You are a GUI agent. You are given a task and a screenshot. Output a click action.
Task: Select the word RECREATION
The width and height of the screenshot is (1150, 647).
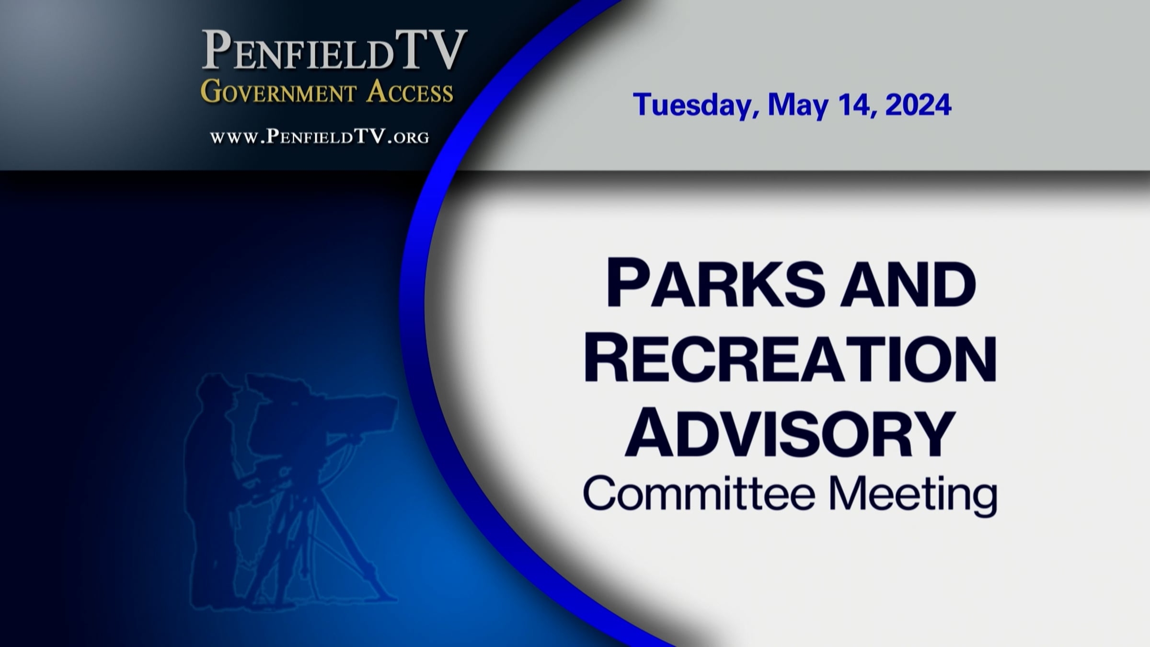[790, 358]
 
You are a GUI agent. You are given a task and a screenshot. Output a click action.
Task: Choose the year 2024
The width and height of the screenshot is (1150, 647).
[918, 104]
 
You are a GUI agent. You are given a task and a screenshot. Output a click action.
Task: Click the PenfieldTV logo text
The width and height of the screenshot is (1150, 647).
[334, 50]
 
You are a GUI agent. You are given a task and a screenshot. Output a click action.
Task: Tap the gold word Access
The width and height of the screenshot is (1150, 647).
[410, 91]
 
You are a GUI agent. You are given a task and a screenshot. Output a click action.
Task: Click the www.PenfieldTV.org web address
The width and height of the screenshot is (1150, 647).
[320, 137]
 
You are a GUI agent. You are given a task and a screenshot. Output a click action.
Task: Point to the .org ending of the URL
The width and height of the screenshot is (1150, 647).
[409, 138]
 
